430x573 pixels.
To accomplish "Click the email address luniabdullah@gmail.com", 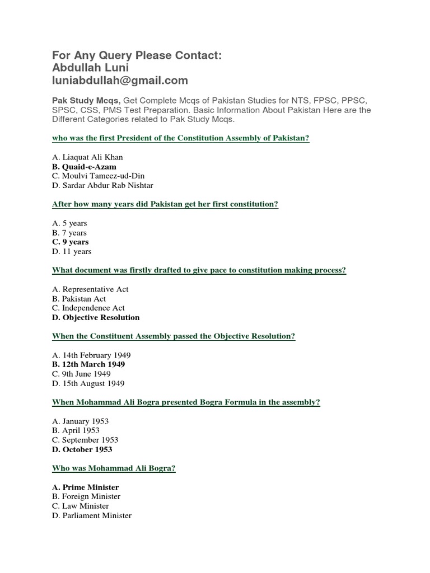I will (x=120, y=81).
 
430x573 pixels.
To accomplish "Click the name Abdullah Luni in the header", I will (x=91, y=68).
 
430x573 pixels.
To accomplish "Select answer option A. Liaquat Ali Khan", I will (x=87, y=157).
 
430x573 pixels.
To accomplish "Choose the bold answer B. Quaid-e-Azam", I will (x=84, y=167).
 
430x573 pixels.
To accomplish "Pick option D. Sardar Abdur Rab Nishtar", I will (x=102, y=185).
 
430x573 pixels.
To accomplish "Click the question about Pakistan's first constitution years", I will (x=165, y=204).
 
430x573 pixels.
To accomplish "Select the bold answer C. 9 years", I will (x=71, y=242).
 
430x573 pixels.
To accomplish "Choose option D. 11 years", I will (x=72, y=251).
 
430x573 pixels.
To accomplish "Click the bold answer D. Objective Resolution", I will (x=96, y=317).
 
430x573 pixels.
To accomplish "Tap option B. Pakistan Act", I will (x=79, y=299).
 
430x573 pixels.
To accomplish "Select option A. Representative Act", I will (x=90, y=289).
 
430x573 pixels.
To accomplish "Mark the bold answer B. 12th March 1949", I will (x=88, y=364).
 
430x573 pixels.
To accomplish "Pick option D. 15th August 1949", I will (x=88, y=383).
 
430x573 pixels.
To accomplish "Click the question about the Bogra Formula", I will (x=186, y=402).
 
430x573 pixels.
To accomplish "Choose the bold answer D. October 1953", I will (x=82, y=449).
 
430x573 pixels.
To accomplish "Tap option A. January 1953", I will (x=80, y=421).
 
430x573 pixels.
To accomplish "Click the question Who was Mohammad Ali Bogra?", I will (x=114, y=468).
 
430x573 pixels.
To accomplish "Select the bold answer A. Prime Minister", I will (x=85, y=487).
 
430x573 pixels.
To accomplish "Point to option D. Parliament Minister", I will (x=92, y=515).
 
